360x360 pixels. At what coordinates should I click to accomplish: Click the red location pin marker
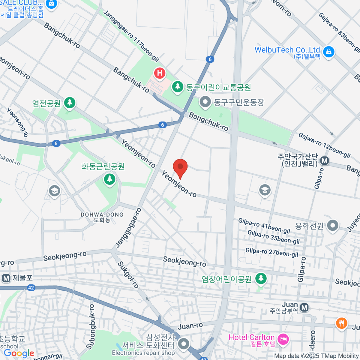pos(180,167)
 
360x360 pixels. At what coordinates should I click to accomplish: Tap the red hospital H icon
pos(160,73)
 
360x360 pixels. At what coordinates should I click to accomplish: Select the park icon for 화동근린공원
pos(110,179)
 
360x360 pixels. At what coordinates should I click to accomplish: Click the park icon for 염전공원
pos(70,103)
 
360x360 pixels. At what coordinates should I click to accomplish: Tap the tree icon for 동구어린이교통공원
pos(178,87)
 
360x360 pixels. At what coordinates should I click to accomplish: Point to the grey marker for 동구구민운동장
pos(205,102)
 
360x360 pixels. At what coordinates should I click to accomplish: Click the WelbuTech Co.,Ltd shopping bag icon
pos(329,52)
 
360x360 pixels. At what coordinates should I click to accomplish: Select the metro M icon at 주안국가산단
pos(324,161)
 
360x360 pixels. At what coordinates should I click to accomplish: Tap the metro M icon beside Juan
pos(304,307)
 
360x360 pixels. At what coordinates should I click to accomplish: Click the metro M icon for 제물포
pos(6,278)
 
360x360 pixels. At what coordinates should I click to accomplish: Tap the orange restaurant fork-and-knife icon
pos(341,323)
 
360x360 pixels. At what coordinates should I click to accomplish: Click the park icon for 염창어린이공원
pos(261,279)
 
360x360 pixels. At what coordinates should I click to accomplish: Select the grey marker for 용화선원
pos(332,226)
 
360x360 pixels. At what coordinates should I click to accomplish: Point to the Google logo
pos(19,353)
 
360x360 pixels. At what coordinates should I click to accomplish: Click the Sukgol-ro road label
pos(128,275)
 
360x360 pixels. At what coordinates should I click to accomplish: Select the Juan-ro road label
pos(190,326)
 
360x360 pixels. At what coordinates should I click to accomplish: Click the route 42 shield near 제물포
pos(31,288)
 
